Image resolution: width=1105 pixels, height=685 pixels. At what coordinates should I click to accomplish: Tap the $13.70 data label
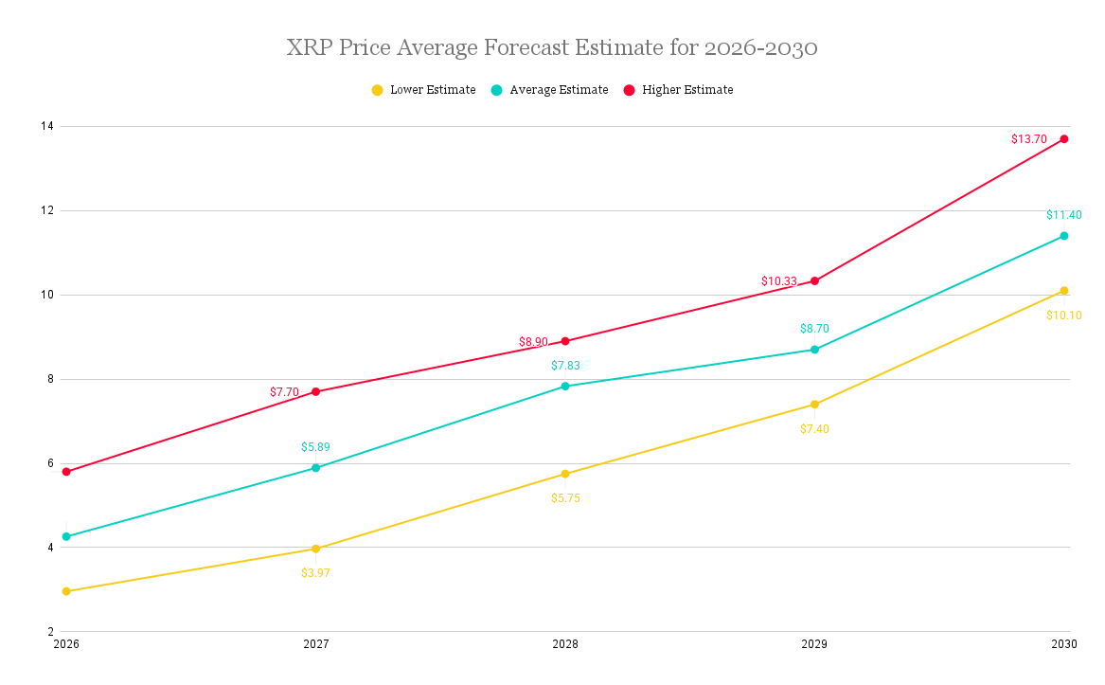tap(1028, 139)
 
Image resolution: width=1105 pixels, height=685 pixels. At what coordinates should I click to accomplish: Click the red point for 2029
tap(814, 280)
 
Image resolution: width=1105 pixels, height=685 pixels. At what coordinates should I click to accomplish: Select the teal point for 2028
tap(565, 387)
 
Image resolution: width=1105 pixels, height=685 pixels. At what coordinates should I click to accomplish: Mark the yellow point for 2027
tap(315, 549)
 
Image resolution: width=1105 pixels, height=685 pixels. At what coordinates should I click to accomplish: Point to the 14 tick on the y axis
tap(46, 126)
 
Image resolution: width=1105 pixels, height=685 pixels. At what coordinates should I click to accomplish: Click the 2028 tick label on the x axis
tap(565, 644)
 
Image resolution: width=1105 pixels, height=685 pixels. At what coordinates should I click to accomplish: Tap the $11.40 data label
tap(1063, 215)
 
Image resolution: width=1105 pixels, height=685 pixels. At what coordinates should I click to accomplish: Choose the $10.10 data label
tap(1063, 315)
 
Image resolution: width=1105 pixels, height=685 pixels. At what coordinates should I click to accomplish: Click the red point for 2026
tap(66, 472)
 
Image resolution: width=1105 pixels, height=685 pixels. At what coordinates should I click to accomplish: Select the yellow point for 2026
tap(66, 591)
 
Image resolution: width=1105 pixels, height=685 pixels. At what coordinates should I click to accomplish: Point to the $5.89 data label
tap(315, 447)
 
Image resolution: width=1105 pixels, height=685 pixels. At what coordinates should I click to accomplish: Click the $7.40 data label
tap(814, 429)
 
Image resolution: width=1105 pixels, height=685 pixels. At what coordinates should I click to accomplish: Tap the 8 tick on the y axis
tap(49, 379)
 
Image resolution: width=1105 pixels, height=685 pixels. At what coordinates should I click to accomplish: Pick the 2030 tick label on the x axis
tap(1063, 644)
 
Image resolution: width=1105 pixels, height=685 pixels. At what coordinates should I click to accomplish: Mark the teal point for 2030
tap(1063, 236)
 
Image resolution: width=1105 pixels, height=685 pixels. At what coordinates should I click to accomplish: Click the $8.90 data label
tap(533, 342)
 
